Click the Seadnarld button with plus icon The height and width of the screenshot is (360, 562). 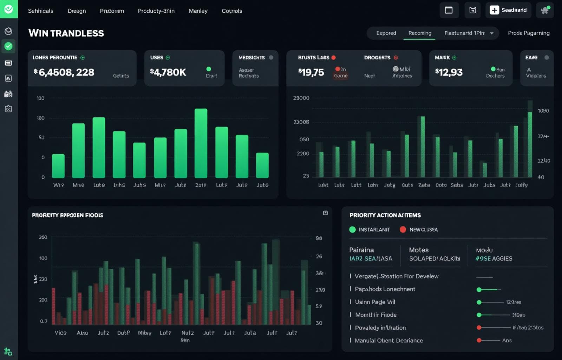[508, 10]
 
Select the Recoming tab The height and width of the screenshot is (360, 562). [419, 33]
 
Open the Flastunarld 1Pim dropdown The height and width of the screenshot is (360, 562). [469, 33]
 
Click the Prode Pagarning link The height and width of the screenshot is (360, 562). [528, 33]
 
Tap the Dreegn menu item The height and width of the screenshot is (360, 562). [77, 11]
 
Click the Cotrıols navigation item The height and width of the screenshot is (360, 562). [231, 11]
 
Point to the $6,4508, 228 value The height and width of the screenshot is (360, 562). [64, 72]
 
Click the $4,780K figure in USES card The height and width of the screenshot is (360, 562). [168, 72]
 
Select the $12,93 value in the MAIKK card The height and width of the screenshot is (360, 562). [449, 72]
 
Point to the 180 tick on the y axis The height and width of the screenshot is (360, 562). [40, 98]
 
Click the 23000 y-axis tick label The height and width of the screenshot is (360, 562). [301, 98]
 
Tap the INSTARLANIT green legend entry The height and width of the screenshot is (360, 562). [370, 230]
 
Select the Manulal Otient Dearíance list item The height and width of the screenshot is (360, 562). [388, 340]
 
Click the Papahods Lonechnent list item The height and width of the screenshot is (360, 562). [385, 289]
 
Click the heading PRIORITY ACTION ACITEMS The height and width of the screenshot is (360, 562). [385, 215]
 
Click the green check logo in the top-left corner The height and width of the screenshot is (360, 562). [8, 9]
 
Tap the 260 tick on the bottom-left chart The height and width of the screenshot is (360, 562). [43, 237]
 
